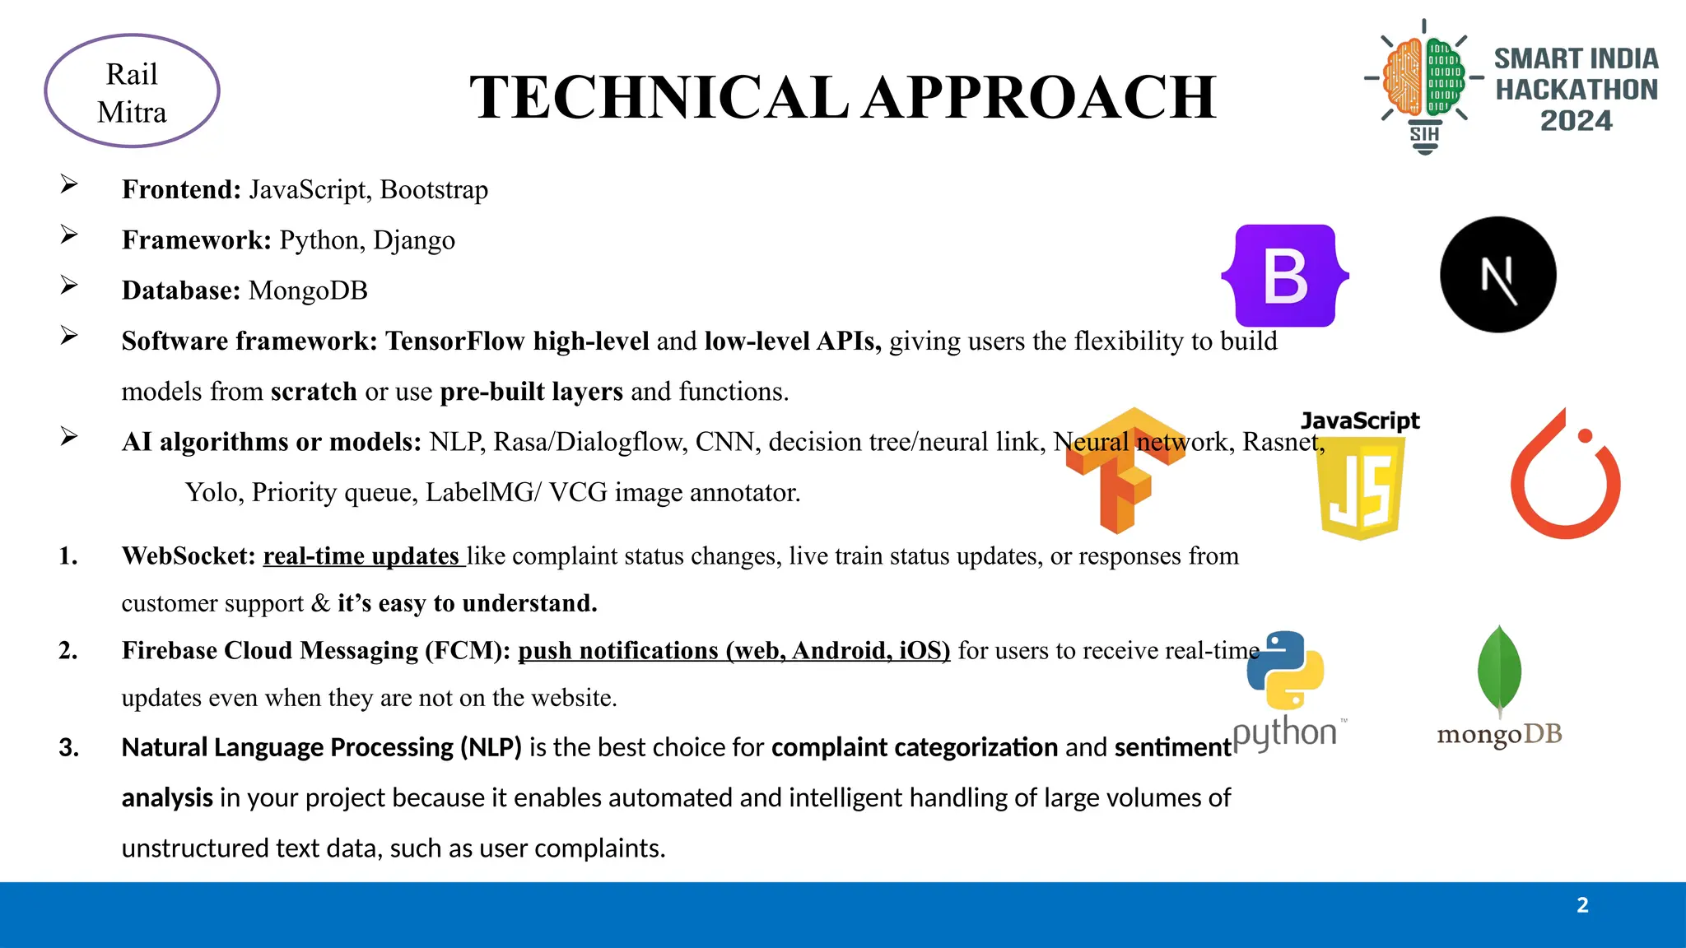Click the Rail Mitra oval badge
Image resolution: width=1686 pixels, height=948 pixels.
pyautogui.click(x=132, y=91)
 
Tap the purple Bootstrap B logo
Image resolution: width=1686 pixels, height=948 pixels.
pyautogui.click(x=1284, y=276)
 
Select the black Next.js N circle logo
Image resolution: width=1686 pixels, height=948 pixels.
pyautogui.click(x=1497, y=275)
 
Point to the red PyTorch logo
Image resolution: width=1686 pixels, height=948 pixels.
pyautogui.click(x=1564, y=477)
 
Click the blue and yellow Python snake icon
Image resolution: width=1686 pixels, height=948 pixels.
pyautogui.click(x=1285, y=670)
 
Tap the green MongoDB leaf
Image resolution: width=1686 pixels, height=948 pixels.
pyautogui.click(x=1499, y=670)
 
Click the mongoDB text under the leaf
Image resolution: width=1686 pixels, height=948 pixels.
pyautogui.click(x=1499, y=734)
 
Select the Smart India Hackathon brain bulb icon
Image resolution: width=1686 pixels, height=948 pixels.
pyautogui.click(x=1424, y=82)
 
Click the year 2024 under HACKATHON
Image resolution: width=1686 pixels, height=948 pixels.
pyautogui.click(x=1576, y=121)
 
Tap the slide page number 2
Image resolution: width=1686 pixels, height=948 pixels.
pyautogui.click(x=1582, y=905)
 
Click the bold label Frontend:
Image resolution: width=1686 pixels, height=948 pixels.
pyautogui.click(x=181, y=190)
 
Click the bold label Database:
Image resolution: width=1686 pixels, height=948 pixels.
pyautogui.click(x=181, y=290)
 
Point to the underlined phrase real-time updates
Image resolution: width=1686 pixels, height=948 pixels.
pyautogui.click(x=362, y=556)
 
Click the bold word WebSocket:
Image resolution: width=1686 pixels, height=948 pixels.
pyautogui.click(x=189, y=556)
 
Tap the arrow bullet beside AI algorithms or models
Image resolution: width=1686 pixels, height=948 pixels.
pyautogui.click(x=69, y=436)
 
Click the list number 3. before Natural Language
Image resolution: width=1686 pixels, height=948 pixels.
pyautogui.click(x=69, y=747)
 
